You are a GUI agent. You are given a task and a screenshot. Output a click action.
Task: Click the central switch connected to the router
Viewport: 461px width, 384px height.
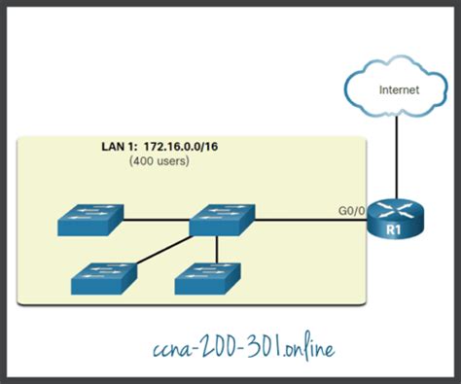point(223,218)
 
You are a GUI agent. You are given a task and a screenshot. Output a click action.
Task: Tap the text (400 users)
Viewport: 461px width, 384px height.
point(160,160)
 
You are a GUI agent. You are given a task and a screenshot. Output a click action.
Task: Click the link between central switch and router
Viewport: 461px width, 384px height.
point(311,219)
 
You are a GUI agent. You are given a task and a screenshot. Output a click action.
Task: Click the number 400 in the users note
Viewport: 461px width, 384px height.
point(147,160)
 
